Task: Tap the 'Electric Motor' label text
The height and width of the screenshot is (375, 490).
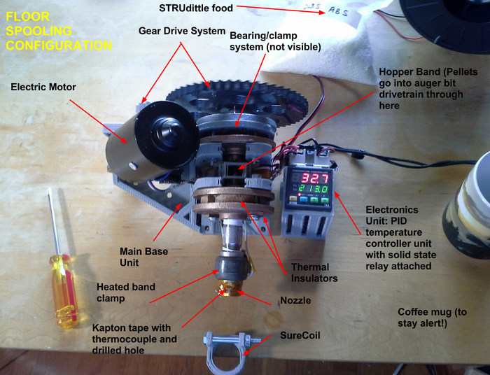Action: coord(44,87)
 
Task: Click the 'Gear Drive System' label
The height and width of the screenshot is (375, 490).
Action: coord(181,31)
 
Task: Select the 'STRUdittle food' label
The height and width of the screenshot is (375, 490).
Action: coord(193,8)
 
